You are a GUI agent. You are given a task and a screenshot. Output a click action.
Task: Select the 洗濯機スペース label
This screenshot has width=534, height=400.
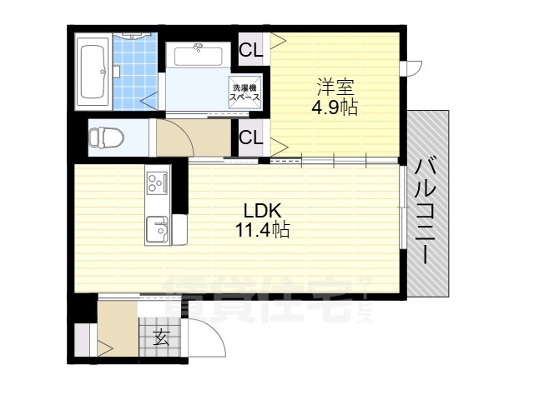click(x=246, y=92)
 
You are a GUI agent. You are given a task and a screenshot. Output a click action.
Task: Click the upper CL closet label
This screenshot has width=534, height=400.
click(x=251, y=50)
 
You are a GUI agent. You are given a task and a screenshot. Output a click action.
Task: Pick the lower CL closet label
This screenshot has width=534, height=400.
click(x=251, y=137)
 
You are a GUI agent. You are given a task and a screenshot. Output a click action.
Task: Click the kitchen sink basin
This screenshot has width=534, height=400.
click(x=156, y=227)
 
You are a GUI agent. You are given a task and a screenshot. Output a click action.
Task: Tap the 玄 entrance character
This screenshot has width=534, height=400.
click(x=161, y=338)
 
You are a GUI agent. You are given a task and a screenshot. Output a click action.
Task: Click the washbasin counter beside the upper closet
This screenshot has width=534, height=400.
click(x=199, y=57)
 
